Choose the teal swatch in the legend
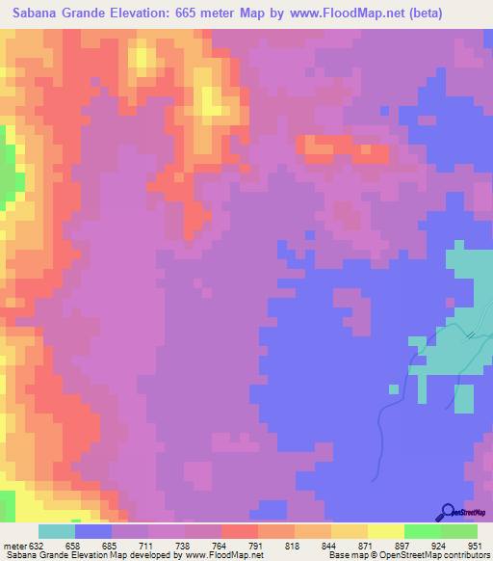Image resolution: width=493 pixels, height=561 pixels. click(56, 531)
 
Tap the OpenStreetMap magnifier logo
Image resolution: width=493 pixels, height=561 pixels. click(447, 512)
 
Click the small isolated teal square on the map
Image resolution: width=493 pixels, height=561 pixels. click(393, 389)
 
